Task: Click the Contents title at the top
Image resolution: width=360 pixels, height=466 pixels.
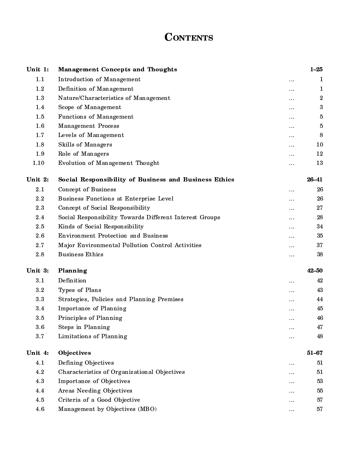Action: (188, 37)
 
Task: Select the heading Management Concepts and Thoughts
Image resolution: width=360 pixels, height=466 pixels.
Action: (118, 70)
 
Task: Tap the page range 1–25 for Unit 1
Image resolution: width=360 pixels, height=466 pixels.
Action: (316, 70)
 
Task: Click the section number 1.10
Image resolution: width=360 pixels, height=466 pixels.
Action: (38, 163)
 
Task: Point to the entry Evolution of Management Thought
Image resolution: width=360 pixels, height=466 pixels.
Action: (109, 163)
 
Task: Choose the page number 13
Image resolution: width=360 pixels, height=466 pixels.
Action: (319, 163)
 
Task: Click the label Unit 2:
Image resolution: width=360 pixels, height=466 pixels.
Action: (37, 180)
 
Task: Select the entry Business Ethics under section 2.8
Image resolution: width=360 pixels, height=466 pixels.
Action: (81, 255)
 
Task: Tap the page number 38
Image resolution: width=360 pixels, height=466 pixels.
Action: (319, 255)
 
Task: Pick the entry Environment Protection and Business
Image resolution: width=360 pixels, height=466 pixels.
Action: (113, 236)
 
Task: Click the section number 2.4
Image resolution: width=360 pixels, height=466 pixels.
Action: (40, 217)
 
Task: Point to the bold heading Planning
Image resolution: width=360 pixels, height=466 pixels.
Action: (72, 271)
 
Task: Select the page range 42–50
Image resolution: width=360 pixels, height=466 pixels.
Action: (315, 271)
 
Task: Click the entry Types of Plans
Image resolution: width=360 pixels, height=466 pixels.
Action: (80, 290)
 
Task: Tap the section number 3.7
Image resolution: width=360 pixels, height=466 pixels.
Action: (40, 336)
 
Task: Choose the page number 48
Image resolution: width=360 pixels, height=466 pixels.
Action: (320, 336)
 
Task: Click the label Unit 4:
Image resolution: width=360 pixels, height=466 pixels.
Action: (37, 353)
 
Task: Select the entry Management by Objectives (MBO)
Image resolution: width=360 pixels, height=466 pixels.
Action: (107, 409)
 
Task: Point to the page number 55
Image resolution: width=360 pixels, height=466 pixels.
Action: (319, 391)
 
